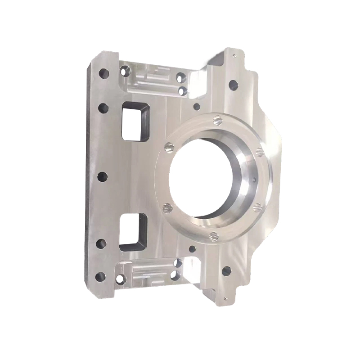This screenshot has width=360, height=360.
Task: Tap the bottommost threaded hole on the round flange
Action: click(214, 236)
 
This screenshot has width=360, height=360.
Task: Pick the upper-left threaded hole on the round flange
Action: click(169, 148)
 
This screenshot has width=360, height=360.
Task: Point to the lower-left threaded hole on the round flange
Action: click(167, 208)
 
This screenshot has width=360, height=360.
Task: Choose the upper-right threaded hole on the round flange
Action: click(259, 152)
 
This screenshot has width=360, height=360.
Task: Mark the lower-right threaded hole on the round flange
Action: click(257, 207)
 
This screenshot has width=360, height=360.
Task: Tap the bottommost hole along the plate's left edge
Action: click(100, 276)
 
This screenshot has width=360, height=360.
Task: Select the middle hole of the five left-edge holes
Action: click(102, 176)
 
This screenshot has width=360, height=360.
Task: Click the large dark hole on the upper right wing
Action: click(233, 84)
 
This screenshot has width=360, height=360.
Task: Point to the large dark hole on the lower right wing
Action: click(226, 271)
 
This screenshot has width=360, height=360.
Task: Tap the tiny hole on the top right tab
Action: click(234, 56)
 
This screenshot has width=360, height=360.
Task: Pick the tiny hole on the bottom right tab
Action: click(225, 297)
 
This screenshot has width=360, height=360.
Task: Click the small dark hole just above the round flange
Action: click(196, 107)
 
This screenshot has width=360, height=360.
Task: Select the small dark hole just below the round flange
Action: click(192, 249)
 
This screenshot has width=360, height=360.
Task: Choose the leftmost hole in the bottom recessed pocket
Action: click(121, 279)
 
